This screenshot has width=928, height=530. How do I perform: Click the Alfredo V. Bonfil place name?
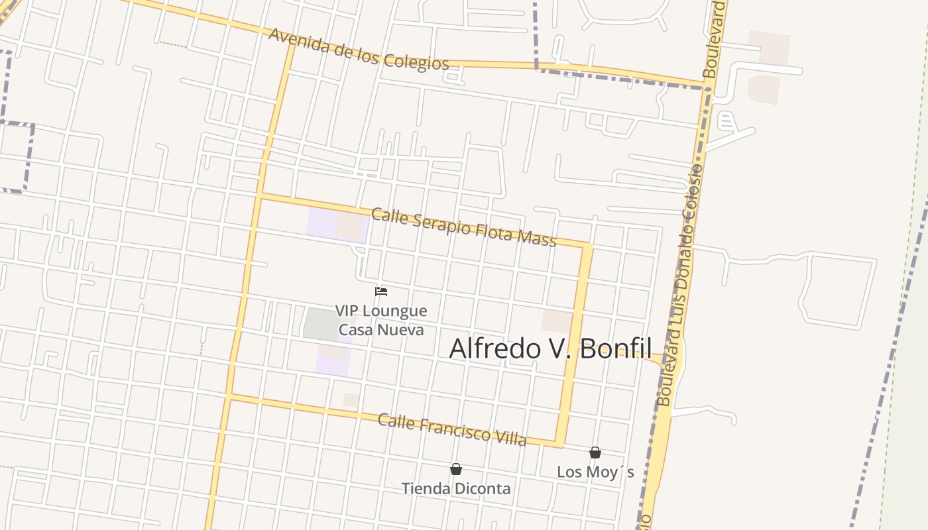[x=550, y=348]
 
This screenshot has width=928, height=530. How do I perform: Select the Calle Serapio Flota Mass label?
[x=463, y=227]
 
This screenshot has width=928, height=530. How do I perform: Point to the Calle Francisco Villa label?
[x=452, y=429]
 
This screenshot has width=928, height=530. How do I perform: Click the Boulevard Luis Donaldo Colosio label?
[x=679, y=285]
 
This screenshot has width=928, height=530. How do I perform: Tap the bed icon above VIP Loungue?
[x=381, y=291]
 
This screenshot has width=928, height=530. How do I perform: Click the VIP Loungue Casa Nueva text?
[x=381, y=320]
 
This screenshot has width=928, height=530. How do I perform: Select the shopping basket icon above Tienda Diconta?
[x=456, y=469]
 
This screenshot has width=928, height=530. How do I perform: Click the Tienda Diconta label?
[x=456, y=489]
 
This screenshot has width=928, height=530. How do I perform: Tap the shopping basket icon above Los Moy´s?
[x=595, y=452]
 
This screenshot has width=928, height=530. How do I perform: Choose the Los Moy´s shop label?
[x=595, y=472]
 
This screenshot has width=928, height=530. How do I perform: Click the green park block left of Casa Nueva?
[x=321, y=324]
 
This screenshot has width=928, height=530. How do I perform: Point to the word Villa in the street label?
[x=508, y=437]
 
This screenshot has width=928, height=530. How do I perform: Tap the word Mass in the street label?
[x=538, y=238]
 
